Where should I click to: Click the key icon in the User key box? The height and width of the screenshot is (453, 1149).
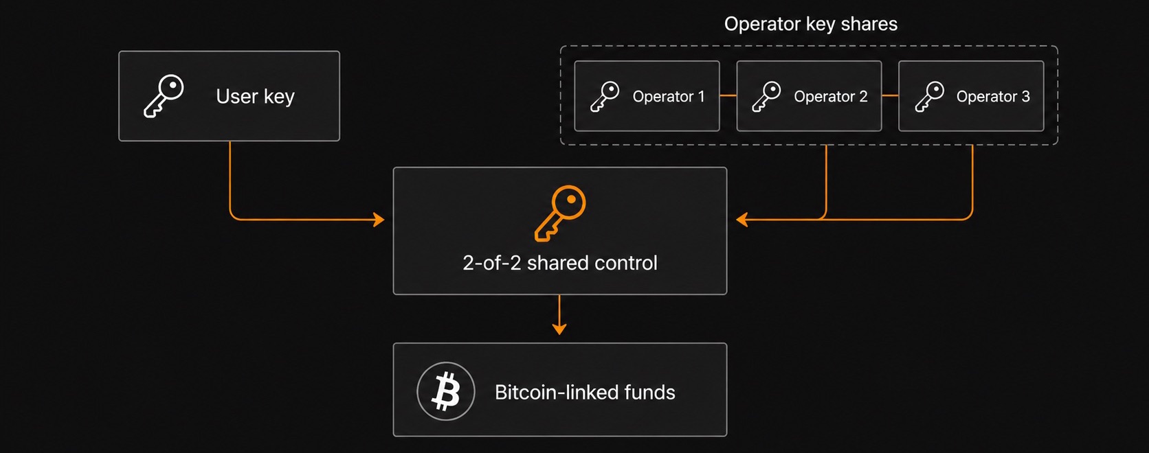[163, 96]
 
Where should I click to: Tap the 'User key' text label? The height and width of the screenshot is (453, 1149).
[255, 96]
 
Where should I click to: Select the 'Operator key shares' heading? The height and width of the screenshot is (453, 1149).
[810, 24]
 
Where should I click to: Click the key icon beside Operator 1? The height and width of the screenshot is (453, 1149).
[604, 96]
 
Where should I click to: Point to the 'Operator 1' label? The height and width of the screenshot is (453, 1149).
[669, 96]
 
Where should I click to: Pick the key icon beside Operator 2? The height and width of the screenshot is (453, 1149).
[766, 96]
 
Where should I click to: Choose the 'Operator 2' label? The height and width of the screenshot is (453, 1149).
[830, 96]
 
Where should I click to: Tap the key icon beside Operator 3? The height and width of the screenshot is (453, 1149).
[929, 96]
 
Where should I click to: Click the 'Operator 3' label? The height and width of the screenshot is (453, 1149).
[993, 96]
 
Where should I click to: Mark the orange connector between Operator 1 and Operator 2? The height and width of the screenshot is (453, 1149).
[728, 95]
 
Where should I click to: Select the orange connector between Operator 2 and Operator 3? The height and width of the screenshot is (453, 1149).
[890, 95]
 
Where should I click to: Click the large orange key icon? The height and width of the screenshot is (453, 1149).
[559, 213]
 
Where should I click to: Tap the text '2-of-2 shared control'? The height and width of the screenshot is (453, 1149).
[559, 263]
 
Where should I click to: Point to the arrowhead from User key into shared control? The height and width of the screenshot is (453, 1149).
[379, 220]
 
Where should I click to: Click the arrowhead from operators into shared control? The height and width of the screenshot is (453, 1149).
[741, 220]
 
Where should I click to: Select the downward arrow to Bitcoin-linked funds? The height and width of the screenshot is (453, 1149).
[559, 314]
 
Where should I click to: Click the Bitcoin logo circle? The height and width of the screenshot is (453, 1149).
[446, 391]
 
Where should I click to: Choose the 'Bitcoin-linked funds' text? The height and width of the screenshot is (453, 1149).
[585, 393]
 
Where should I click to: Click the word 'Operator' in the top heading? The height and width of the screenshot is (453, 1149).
[762, 24]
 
